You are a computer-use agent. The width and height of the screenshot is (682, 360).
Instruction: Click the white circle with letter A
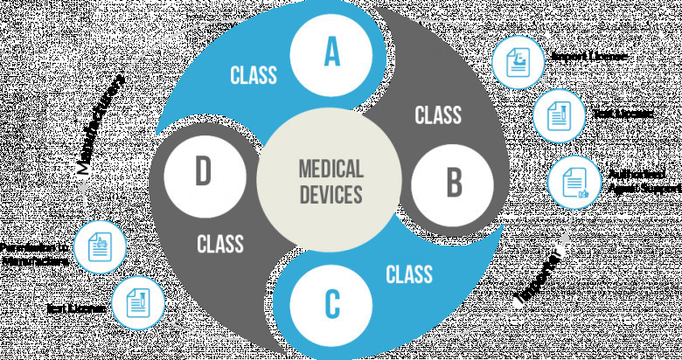(331, 52)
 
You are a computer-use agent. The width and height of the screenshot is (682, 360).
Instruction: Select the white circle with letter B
(454, 183)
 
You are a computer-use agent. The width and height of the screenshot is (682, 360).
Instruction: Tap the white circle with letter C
(331, 303)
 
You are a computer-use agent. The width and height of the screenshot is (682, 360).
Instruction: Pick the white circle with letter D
(203, 172)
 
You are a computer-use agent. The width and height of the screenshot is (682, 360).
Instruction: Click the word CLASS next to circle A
(254, 73)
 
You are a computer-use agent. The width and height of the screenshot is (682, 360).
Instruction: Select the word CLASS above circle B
(437, 114)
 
